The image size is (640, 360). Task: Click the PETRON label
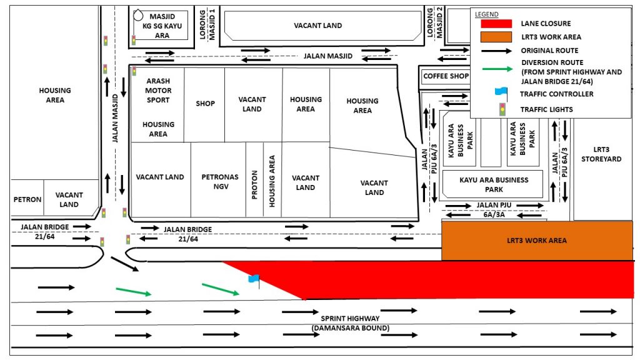pyautogui.click(x=27, y=199)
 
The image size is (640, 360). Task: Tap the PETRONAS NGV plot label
pyautogui.click(x=220, y=182)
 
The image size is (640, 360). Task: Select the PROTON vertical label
pyautogui.click(x=255, y=185)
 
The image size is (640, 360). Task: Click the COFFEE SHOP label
pyautogui.click(x=446, y=76)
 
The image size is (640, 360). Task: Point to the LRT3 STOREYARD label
pyautogui.click(x=601, y=154)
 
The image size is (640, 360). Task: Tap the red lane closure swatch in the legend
pyautogui.click(x=496, y=24)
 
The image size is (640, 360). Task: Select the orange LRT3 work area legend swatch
pyautogui.click(x=496, y=37)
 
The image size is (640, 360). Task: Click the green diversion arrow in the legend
pyautogui.click(x=497, y=69)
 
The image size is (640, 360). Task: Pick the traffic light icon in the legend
pyautogui.click(x=502, y=109)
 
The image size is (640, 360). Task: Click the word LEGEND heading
pyautogui.click(x=486, y=14)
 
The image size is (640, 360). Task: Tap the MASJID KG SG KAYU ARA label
pyautogui.click(x=162, y=26)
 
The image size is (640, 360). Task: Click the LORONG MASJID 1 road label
pyautogui.click(x=207, y=24)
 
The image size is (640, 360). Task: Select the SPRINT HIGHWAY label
pyautogui.click(x=350, y=318)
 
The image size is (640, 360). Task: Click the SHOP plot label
pyautogui.click(x=205, y=104)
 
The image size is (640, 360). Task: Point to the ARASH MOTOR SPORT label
pyautogui.click(x=158, y=91)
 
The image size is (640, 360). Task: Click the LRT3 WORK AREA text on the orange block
pyautogui.click(x=537, y=241)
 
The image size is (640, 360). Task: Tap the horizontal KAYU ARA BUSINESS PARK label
pyautogui.click(x=494, y=184)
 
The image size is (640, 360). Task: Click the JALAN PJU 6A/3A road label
pyautogui.click(x=494, y=210)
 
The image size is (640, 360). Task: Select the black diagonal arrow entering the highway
pyautogui.click(x=125, y=264)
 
